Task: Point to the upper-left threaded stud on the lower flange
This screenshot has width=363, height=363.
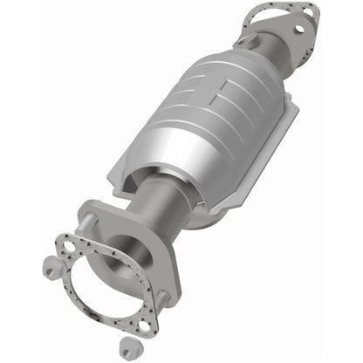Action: coord(89,223)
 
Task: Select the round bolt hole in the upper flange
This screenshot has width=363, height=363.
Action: coord(301,27)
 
